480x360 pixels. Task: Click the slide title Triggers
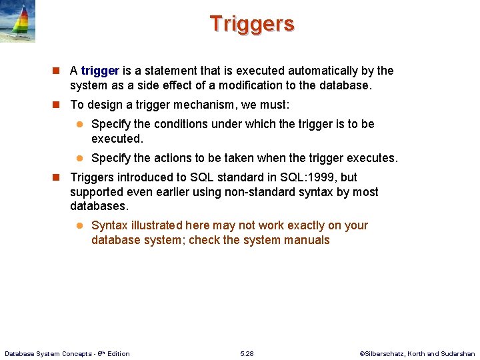252,23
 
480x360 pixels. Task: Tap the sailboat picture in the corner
17,21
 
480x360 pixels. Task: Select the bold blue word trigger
100,71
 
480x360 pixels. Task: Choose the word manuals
308,240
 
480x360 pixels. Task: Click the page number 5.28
247,353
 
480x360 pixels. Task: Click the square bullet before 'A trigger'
57,71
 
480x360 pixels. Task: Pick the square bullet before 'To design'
57,105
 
